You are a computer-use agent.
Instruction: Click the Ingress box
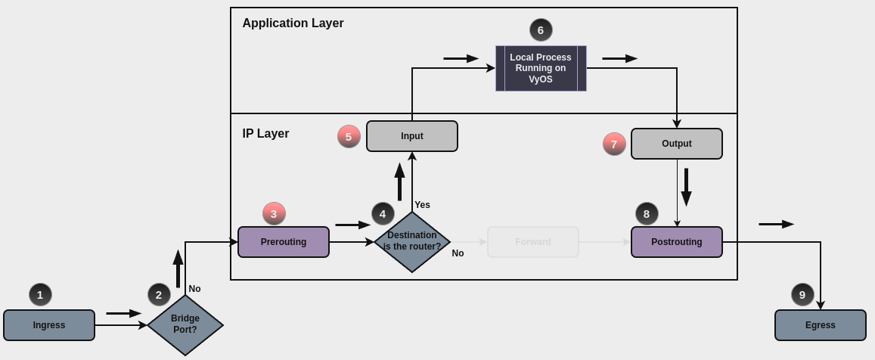pyautogui.click(x=49, y=325)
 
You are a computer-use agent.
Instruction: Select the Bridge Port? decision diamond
pyautogui.click(x=185, y=325)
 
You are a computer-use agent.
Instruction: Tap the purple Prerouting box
pyautogui.click(x=284, y=242)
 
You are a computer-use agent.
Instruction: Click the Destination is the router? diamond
pyautogui.click(x=412, y=242)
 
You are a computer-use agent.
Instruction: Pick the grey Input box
pyautogui.click(x=412, y=136)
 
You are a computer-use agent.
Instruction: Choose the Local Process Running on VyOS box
pyautogui.click(x=541, y=68)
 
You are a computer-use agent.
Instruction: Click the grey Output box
pyautogui.click(x=677, y=144)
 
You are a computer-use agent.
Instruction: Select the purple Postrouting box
pyautogui.click(x=677, y=242)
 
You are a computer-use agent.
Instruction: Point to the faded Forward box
pyautogui.click(x=533, y=242)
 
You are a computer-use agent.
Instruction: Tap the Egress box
pyautogui.click(x=821, y=325)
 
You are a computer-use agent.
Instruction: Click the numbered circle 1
pyautogui.click(x=40, y=295)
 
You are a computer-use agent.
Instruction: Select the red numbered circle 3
pyautogui.click(x=274, y=214)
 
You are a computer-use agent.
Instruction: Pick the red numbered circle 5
pyautogui.click(x=349, y=137)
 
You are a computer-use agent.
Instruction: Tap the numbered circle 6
pyautogui.click(x=541, y=30)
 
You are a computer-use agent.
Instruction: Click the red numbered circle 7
pyautogui.click(x=614, y=144)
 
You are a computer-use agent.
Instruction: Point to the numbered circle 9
pyautogui.click(x=802, y=295)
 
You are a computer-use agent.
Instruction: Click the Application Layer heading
pyautogui.click(x=293, y=23)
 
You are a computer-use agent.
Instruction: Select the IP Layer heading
pyautogui.click(x=265, y=134)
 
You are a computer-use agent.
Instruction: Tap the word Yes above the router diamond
pyautogui.click(x=422, y=205)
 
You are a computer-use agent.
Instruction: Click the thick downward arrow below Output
pyautogui.click(x=686, y=187)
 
